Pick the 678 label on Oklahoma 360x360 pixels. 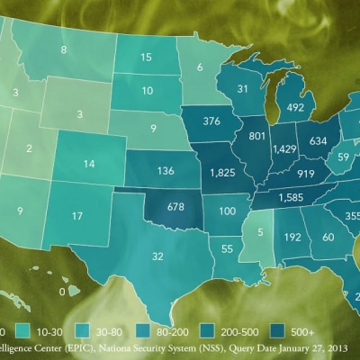(175, 206)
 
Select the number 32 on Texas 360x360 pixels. (158, 256)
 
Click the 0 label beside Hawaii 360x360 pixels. (62, 292)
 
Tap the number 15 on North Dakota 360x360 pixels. (146, 57)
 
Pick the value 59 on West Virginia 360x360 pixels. (343, 157)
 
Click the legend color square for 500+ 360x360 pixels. (278, 330)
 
